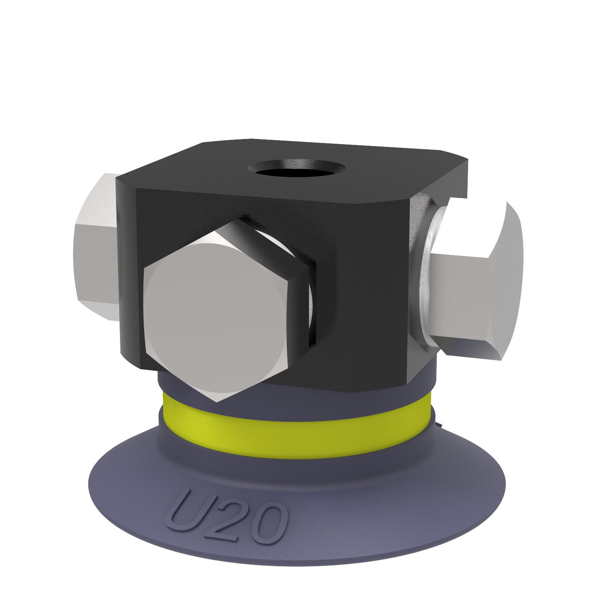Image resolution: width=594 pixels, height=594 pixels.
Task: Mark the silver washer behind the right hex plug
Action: [x=428, y=277]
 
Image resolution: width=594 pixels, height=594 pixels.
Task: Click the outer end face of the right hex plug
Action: [x=507, y=277]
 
